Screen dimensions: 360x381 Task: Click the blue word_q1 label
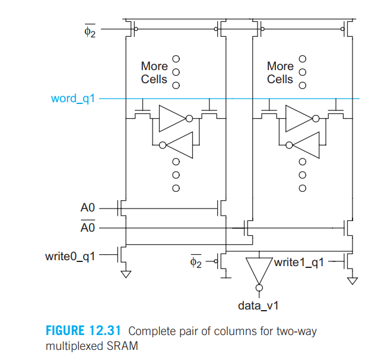[72, 98]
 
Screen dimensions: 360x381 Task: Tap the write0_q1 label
[70, 257]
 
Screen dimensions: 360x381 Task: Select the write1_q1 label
[298, 263]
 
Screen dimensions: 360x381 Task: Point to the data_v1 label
[258, 306]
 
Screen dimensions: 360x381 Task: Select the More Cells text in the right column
[280, 72]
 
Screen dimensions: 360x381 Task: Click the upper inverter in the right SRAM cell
[300, 118]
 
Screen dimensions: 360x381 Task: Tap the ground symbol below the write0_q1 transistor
[125, 274]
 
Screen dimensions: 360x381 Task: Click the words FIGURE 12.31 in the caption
[84, 330]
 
